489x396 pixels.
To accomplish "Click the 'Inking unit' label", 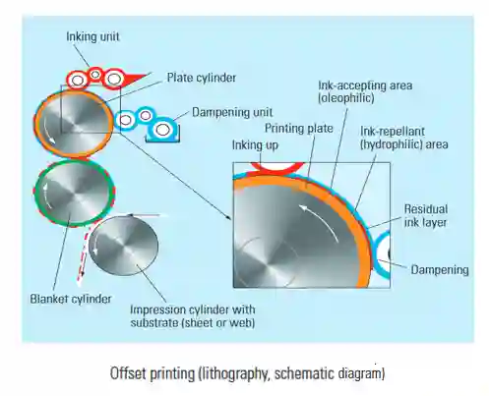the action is (x=92, y=36).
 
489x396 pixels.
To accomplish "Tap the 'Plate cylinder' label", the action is (x=202, y=78).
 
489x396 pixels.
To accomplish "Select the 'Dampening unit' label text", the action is (x=232, y=112).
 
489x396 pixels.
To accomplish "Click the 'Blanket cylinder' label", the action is (x=71, y=299).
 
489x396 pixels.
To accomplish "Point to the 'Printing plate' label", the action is (x=299, y=129).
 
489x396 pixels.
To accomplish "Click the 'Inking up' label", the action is (x=255, y=144).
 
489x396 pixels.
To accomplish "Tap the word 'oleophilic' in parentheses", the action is (x=346, y=98).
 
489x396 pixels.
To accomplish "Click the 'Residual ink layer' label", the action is (x=426, y=216).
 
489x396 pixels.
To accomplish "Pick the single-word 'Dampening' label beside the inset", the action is (x=440, y=270).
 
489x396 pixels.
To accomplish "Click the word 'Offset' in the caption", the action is (x=129, y=373).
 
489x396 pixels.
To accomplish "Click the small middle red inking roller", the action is (x=95, y=75).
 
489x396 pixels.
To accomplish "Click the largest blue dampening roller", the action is (x=162, y=130).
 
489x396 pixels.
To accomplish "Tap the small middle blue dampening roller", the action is (x=146, y=115).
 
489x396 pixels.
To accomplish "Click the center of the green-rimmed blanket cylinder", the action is (x=75, y=194).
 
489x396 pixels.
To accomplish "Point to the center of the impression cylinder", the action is (x=124, y=246).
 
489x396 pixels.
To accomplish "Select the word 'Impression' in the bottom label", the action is (x=155, y=310).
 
